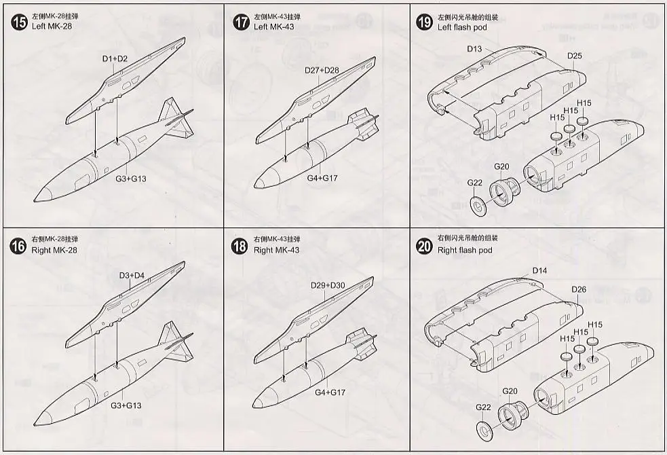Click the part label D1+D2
pos(115,59)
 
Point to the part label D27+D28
pos(321,71)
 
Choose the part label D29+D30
pos(328,285)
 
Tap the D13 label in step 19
pos(474,49)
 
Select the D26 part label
pos(579,289)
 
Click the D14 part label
pos(539,270)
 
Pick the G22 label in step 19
pos(474,182)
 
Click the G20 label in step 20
pos(510,390)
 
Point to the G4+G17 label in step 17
pos(325,179)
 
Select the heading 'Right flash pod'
pos(465,250)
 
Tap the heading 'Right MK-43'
pos(276,250)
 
